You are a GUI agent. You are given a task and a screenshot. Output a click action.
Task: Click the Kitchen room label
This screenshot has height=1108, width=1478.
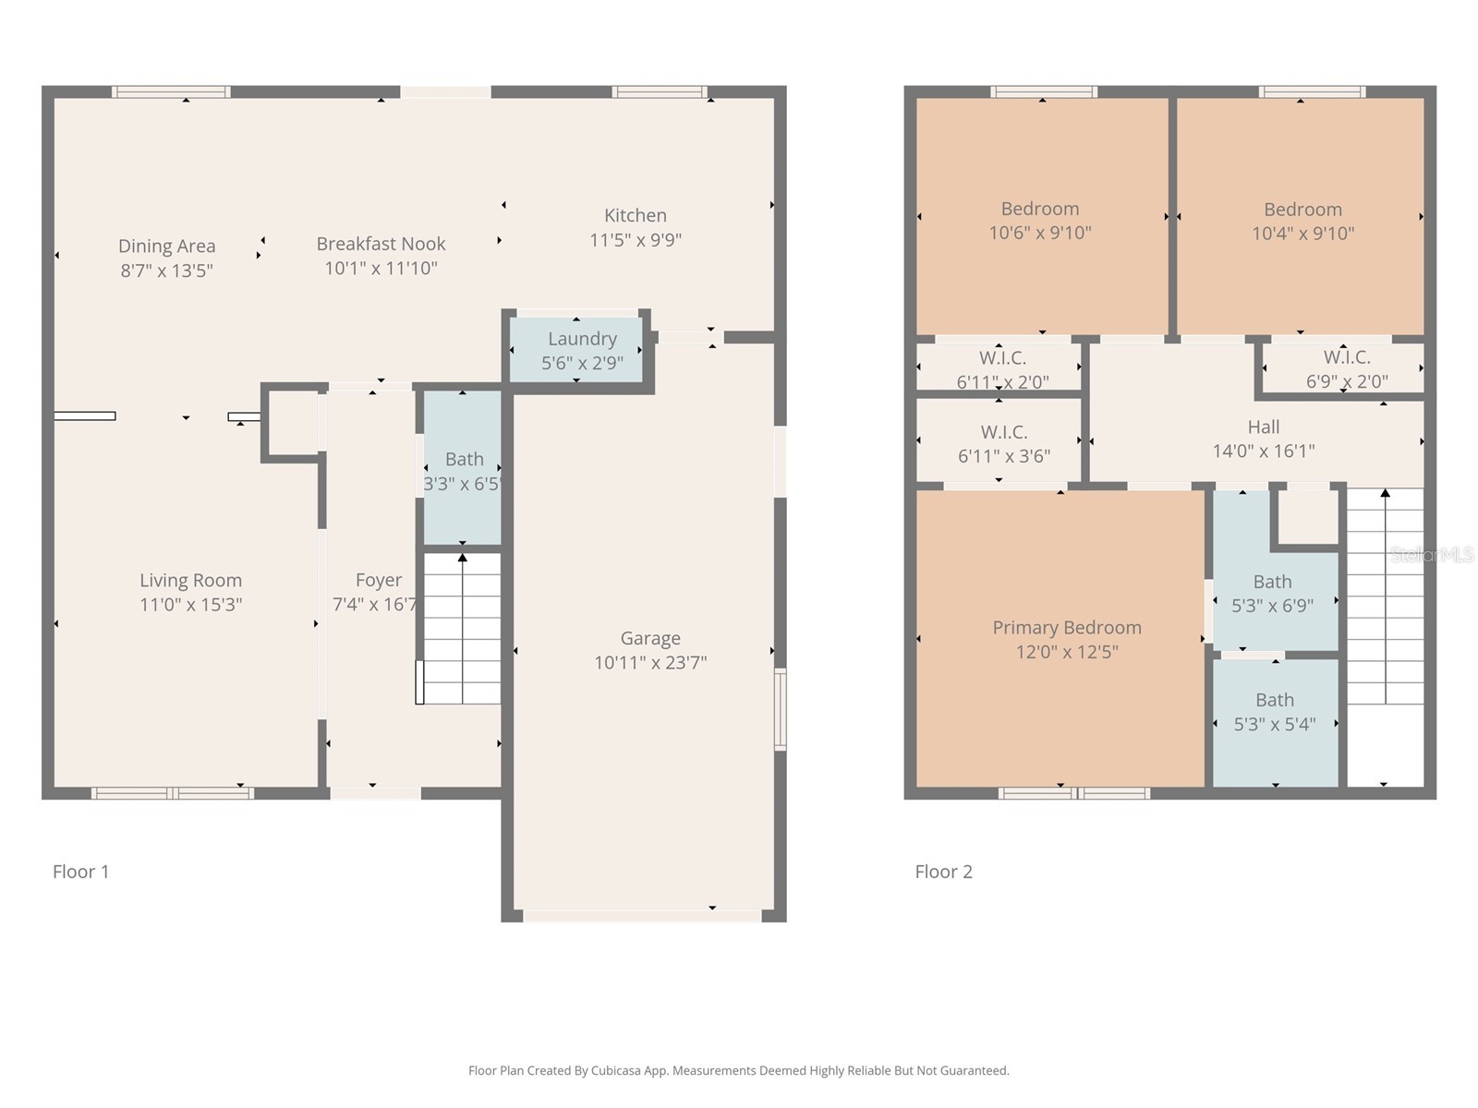click(635, 215)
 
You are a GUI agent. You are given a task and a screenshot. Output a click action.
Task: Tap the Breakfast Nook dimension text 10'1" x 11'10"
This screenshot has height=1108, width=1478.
click(381, 269)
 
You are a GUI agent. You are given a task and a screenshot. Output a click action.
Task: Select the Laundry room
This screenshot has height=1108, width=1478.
click(581, 350)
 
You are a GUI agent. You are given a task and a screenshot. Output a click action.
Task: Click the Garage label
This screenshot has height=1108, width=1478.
click(650, 638)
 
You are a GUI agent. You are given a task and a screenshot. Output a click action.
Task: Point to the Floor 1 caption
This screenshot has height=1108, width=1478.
click(80, 872)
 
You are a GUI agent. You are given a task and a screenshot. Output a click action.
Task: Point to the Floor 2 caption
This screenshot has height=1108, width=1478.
click(943, 872)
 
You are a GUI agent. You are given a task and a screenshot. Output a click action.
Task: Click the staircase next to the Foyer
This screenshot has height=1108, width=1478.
click(462, 628)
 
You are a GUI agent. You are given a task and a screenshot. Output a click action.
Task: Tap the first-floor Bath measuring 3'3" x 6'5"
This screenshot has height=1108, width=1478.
click(463, 470)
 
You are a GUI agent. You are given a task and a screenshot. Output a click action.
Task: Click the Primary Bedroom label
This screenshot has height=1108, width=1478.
click(1067, 628)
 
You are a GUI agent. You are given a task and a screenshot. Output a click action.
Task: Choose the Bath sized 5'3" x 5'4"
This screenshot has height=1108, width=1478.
click(1275, 712)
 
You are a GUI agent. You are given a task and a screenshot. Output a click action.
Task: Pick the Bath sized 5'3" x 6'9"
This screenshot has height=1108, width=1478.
click(1272, 593)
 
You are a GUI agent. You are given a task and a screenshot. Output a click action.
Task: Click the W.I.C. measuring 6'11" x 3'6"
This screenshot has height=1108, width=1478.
click(1003, 443)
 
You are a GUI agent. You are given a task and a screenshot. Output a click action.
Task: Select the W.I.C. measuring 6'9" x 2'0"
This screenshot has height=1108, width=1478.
click(1346, 368)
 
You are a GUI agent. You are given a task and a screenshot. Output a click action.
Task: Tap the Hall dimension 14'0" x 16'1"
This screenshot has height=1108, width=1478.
click(1263, 452)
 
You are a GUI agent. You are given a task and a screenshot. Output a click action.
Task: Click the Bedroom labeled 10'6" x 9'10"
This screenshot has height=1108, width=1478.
click(1040, 221)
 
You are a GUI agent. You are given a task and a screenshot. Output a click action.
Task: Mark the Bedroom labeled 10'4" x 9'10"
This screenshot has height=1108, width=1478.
click(1302, 222)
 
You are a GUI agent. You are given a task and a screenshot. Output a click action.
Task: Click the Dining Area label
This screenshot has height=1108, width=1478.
click(166, 247)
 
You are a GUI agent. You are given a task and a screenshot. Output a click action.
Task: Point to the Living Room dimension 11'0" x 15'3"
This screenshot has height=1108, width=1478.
click(190, 605)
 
